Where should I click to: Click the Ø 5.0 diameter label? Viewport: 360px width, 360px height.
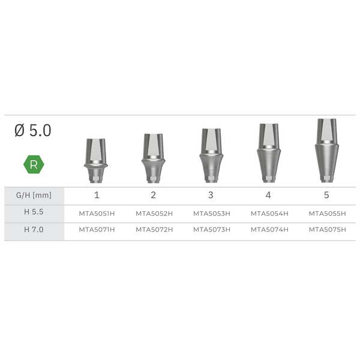(33, 131)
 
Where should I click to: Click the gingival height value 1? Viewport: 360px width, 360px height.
(96, 195)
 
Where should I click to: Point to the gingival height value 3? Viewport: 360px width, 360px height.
(211, 195)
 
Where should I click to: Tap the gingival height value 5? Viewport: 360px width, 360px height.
(326, 195)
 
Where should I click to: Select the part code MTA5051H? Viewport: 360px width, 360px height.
(96, 213)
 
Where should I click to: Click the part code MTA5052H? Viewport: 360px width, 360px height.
(154, 213)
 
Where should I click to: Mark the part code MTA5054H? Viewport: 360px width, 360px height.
(269, 213)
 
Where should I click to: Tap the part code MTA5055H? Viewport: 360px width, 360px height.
(327, 213)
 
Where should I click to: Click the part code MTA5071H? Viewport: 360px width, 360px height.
(96, 230)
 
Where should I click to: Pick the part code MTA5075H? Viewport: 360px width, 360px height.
(327, 230)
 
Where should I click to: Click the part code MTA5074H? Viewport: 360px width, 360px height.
(269, 230)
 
